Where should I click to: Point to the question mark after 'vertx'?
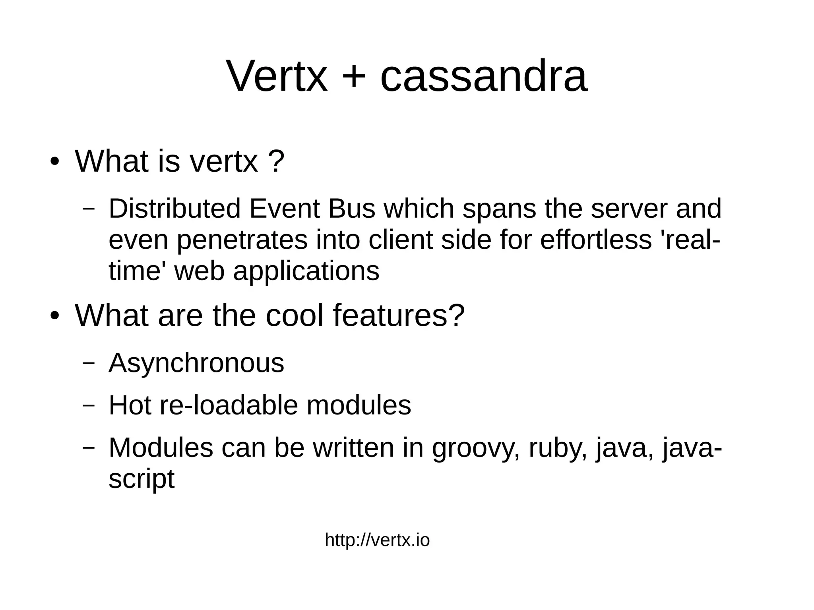(x=277, y=161)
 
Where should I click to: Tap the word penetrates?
(x=242, y=240)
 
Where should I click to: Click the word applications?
(x=306, y=271)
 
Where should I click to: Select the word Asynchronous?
(x=196, y=363)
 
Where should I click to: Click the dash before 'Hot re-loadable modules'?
(x=88, y=406)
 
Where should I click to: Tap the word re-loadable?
(x=229, y=405)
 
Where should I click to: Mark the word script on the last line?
(x=141, y=479)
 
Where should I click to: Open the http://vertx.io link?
(x=377, y=540)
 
